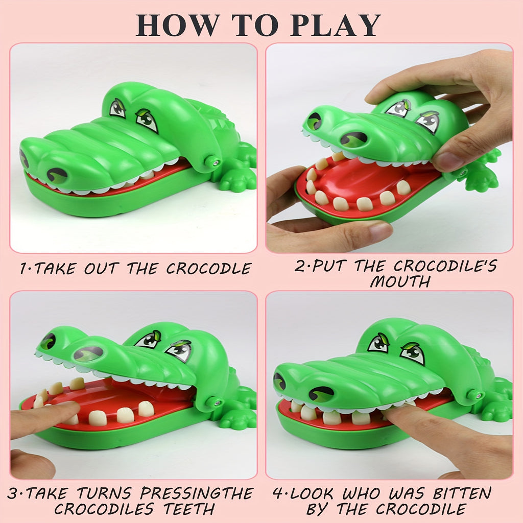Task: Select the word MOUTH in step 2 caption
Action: point(400,281)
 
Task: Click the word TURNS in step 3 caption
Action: point(106,494)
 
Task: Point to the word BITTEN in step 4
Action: point(462,494)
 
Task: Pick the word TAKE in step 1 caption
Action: point(54,269)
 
